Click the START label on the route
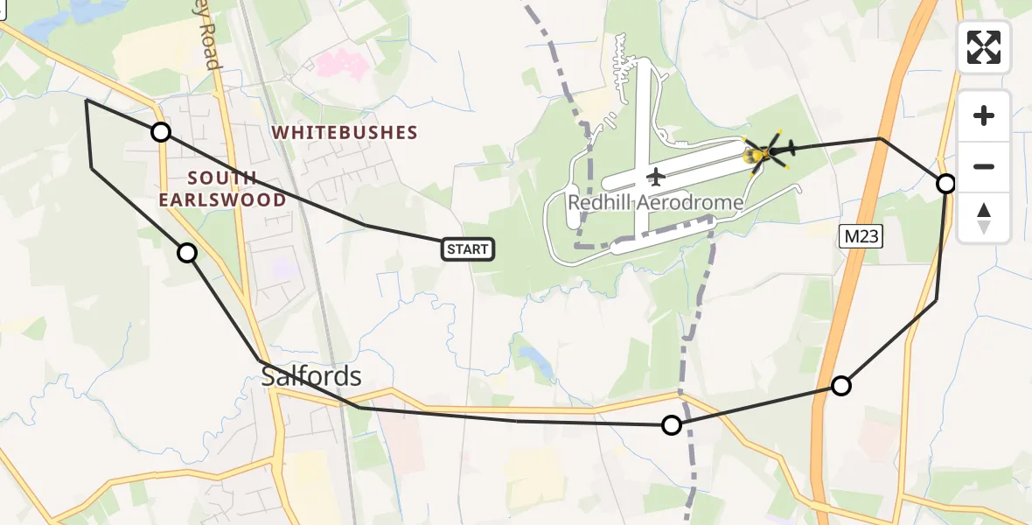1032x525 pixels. point(468,249)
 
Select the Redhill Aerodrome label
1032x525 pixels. point(655,203)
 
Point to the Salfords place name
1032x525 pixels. point(311,376)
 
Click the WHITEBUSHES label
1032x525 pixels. point(345,133)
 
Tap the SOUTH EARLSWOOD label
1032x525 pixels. point(223,189)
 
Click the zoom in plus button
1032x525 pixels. point(984,115)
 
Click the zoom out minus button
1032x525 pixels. point(984,166)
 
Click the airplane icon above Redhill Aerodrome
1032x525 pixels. point(655,177)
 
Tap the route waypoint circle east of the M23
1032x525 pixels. point(945,184)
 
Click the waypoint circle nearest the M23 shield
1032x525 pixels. point(840,385)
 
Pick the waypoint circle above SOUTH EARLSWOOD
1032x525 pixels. point(161,132)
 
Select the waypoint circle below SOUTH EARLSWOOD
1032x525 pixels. point(187,253)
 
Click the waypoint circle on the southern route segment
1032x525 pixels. point(671,425)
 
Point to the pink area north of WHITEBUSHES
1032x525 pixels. point(341,63)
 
